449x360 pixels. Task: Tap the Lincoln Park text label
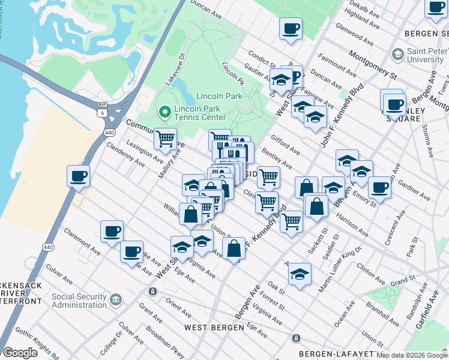(218, 96)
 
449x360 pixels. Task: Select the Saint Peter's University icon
(397, 55)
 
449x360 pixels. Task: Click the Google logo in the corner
(20, 353)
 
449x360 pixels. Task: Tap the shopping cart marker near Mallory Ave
(165, 139)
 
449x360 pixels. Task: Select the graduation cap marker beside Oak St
(300, 274)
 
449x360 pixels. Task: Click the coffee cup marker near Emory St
(379, 187)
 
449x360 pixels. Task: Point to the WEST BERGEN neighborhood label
(214, 328)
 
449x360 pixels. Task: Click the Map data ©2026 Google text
(412, 355)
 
